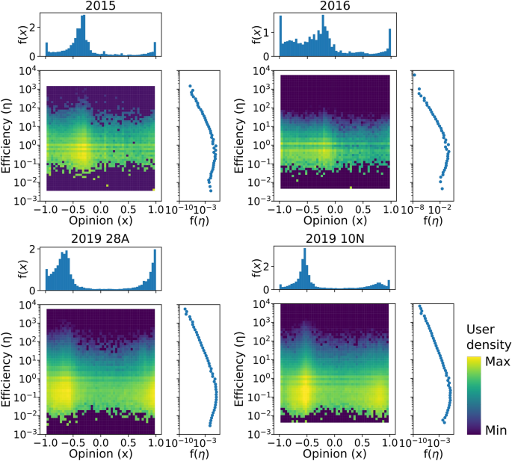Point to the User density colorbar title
[486, 336]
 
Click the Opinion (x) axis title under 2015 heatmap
[100, 220]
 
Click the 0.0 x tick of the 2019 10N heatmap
[335, 442]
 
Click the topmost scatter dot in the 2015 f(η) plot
[190, 86]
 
